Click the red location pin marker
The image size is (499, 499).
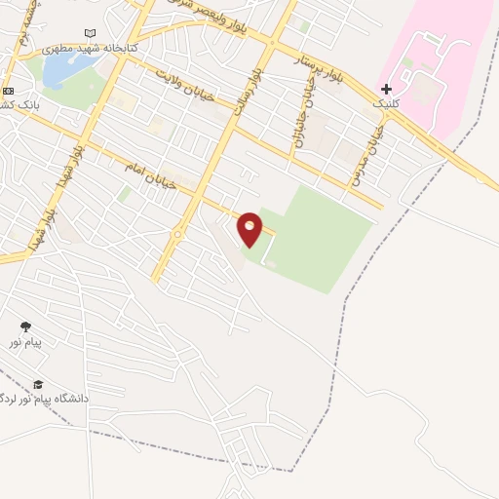250,228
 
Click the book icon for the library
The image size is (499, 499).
91,32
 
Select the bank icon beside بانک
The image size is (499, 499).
8,91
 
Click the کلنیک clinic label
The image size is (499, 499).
385,102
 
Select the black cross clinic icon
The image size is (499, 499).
386,88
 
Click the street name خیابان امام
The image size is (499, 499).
150,174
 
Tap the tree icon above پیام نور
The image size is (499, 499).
25,327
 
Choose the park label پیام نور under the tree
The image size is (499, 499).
25,342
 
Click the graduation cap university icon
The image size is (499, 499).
38,385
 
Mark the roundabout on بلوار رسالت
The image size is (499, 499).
178,235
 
